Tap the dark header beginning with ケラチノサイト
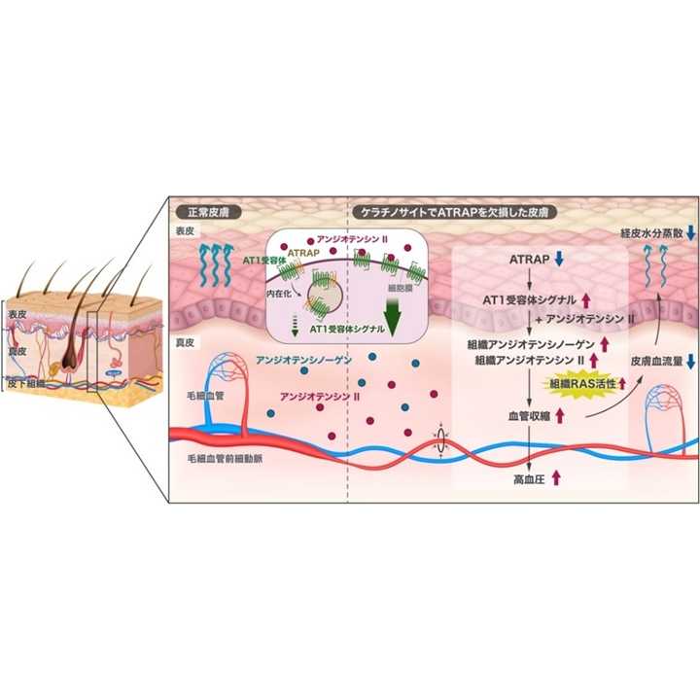pos(451,210)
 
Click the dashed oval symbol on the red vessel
pos(443,439)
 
